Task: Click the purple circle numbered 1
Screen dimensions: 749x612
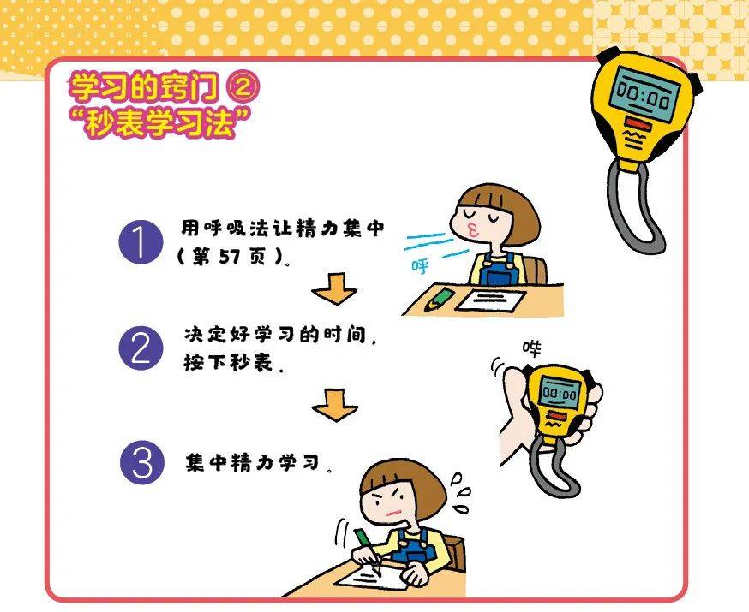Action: pos(141,242)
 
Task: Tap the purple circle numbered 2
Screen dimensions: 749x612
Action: pos(141,348)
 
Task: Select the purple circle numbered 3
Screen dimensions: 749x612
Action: pos(142,463)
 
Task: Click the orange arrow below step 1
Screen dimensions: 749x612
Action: pos(334,289)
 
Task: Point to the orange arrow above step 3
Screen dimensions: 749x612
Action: pos(335,405)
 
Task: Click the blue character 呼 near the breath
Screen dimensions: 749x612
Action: pos(421,266)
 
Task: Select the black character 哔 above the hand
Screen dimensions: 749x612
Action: pos(531,348)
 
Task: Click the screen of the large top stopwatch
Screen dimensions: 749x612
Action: pos(644,93)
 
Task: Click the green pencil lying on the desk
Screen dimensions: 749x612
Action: pos(439,300)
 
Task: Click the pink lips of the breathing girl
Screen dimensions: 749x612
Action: pos(472,231)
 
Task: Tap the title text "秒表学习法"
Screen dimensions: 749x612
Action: pos(160,122)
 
